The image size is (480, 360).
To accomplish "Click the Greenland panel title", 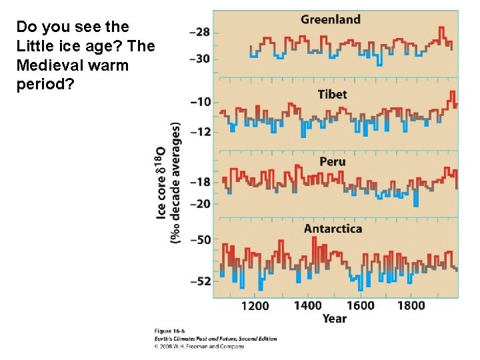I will (330, 19).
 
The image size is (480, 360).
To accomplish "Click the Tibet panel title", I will (332, 94).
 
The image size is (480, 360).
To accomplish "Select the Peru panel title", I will (332, 161).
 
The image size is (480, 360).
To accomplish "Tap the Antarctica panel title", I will (333, 229).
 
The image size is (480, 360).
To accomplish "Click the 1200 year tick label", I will (255, 306).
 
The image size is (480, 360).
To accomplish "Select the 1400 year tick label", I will (307, 306).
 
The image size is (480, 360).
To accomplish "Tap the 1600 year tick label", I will (360, 306).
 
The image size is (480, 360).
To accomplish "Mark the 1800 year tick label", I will (411, 306).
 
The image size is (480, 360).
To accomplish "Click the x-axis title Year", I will (334, 319).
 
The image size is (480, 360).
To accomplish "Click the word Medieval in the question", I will (47, 66).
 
